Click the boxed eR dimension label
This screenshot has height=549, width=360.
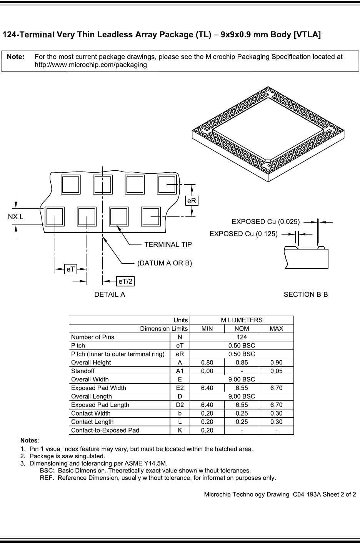coord(192,201)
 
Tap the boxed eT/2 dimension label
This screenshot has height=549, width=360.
coord(126,282)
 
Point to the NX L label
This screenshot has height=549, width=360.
coord(16,217)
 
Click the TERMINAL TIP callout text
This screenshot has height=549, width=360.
coord(168,245)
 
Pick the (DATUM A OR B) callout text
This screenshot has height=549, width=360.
coord(165,263)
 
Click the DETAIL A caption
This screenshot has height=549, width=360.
coord(110,295)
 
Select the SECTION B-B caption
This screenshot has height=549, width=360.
coord(305,295)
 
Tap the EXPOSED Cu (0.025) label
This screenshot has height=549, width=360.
coord(266,222)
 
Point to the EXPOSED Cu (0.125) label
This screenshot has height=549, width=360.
coord(243,234)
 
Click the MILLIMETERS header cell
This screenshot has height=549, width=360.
coord(242,320)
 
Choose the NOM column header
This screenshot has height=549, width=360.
coord(242,328)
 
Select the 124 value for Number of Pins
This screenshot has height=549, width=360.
coord(242,337)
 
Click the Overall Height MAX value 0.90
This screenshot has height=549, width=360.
coord(276,363)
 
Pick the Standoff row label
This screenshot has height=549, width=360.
coord(83,371)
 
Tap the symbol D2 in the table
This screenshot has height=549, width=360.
coord(180,405)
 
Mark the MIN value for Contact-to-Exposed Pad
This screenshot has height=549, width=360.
coord(207,430)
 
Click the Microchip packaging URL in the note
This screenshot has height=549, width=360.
coord(91,65)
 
